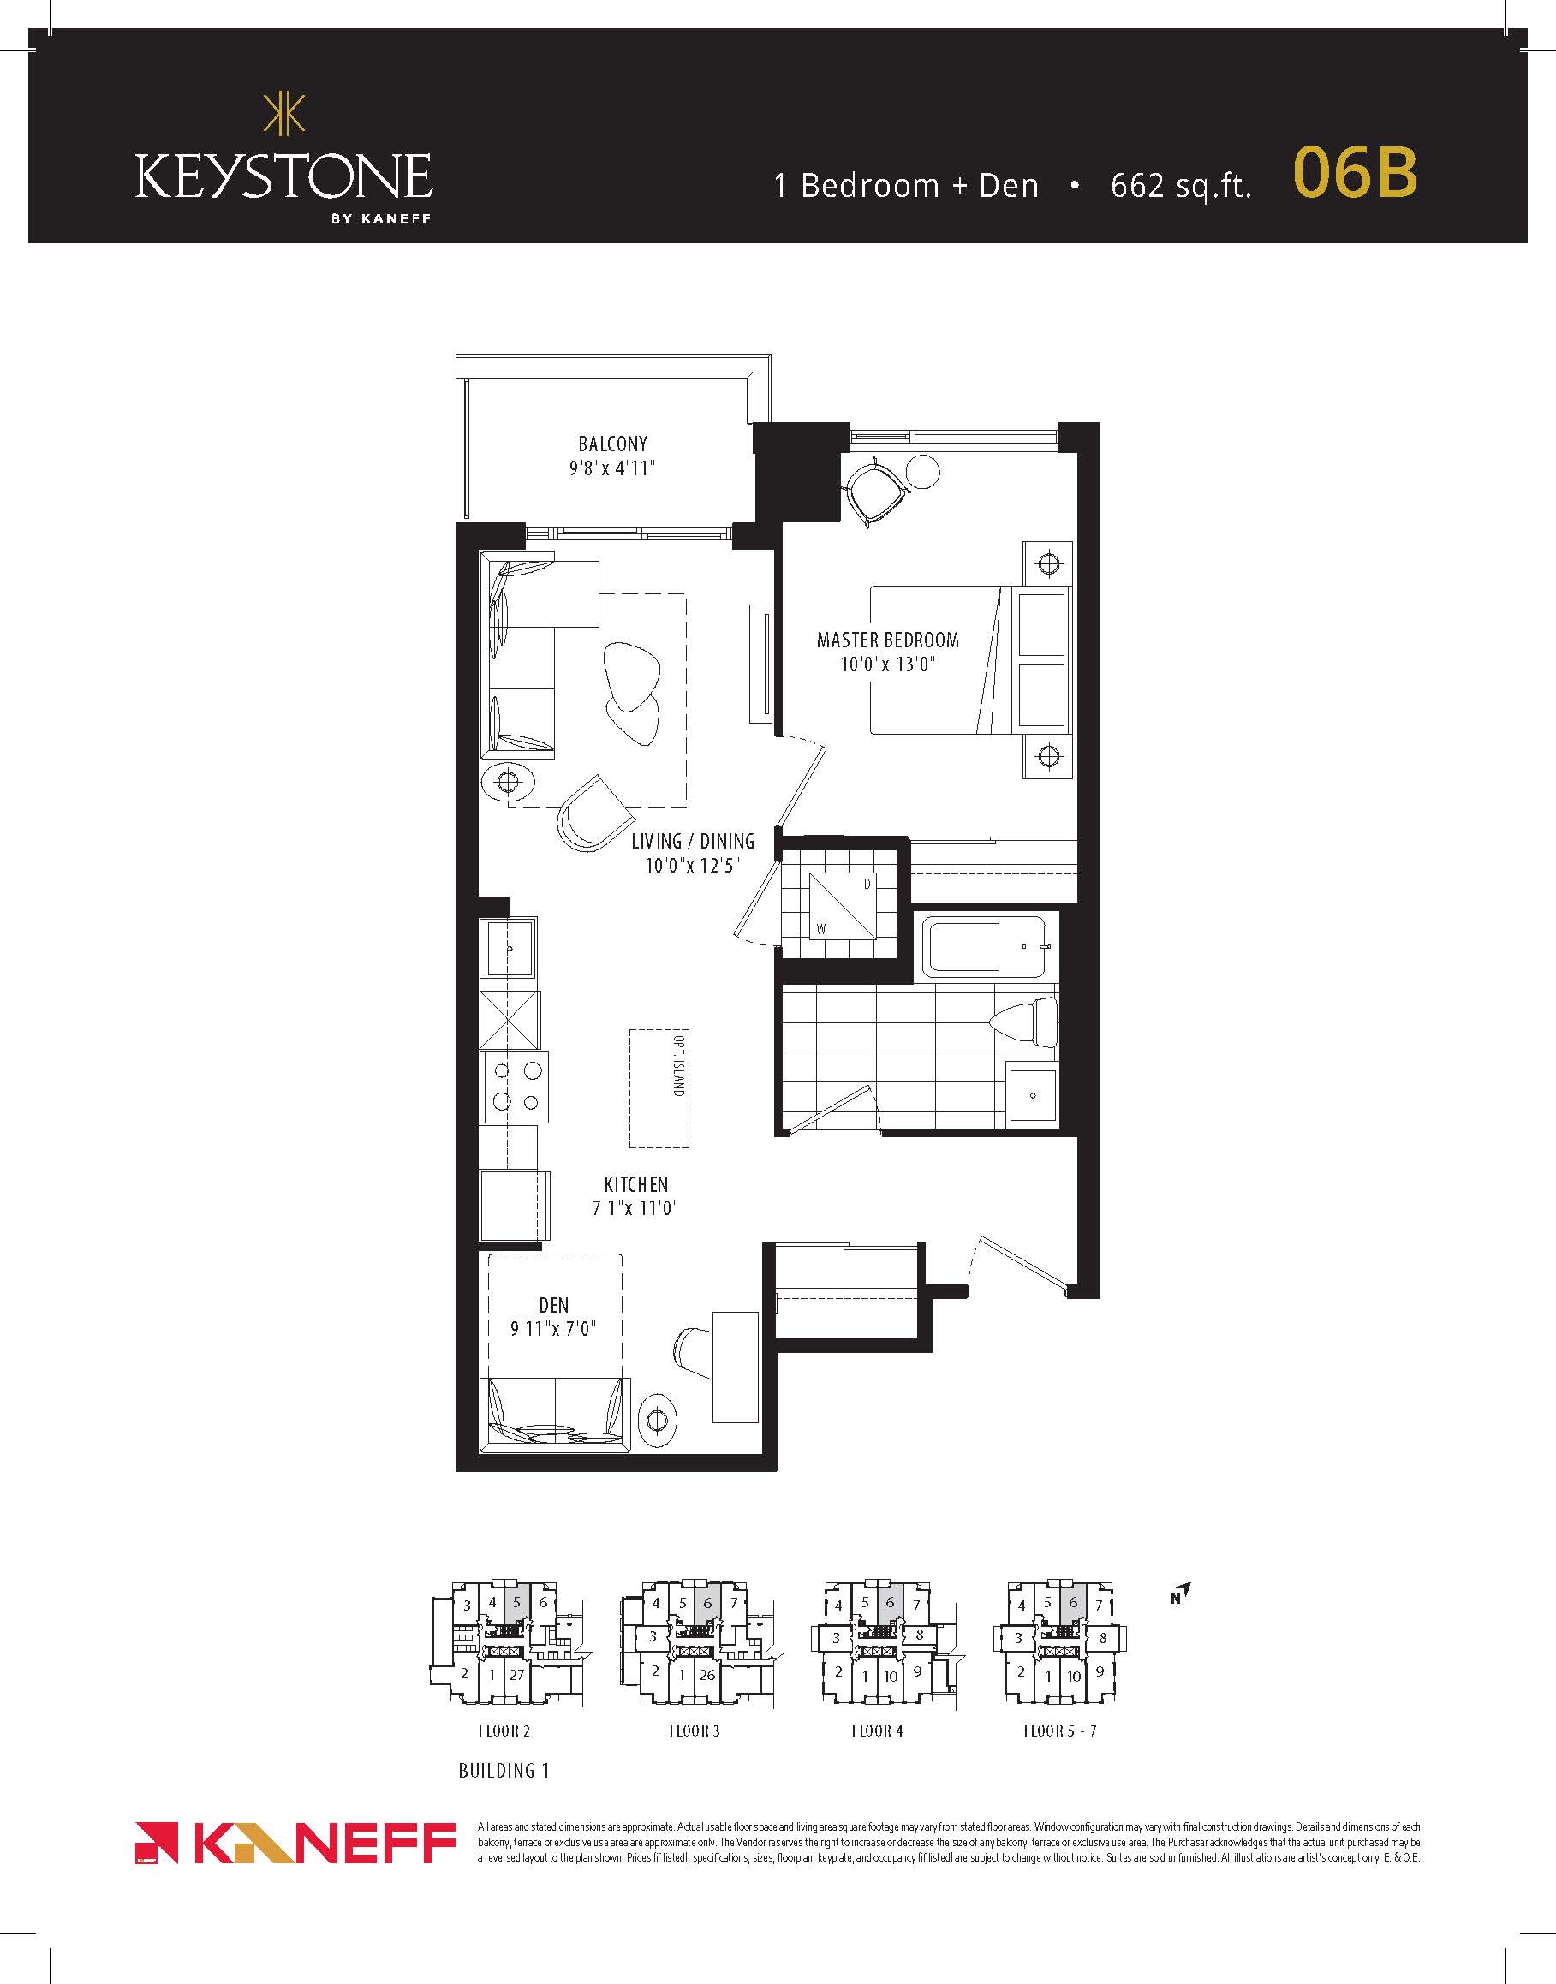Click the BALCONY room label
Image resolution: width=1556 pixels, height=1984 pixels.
coord(612,444)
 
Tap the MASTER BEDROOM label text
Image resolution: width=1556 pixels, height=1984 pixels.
coord(887,640)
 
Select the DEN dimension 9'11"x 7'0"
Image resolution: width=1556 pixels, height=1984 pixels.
coord(553,1329)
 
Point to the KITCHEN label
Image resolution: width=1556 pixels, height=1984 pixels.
coord(636,1184)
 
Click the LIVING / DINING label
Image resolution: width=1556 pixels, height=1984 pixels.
coord(693,841)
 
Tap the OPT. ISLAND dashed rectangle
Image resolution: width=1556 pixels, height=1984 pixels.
coord(659,1088)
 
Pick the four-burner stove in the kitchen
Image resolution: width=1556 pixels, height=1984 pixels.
coord(515,1087)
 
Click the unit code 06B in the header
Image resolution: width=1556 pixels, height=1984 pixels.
coord(1355,172)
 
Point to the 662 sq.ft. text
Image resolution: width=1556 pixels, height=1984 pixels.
coord(1181,186)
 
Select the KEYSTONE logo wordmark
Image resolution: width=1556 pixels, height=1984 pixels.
coord(284,176)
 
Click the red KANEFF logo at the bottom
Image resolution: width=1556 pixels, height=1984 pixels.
coord(295,1844)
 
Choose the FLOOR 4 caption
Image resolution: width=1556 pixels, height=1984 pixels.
coord(876,1731)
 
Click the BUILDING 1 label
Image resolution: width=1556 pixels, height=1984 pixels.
coord(504,1771)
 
